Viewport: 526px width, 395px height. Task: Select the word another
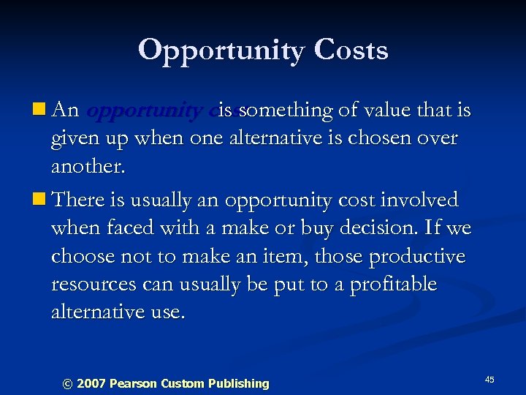pyautogui.click(x=88, y=168)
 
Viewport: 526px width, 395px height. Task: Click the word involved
pyautogui.click(x=424, y=200)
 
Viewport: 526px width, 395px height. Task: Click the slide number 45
pyautogui.click(x=489, y=380)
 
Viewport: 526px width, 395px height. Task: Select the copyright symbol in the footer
pyautogui.click(x=68, y=383)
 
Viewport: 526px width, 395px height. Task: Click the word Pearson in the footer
pyautogui.click(x=132, y=383)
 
